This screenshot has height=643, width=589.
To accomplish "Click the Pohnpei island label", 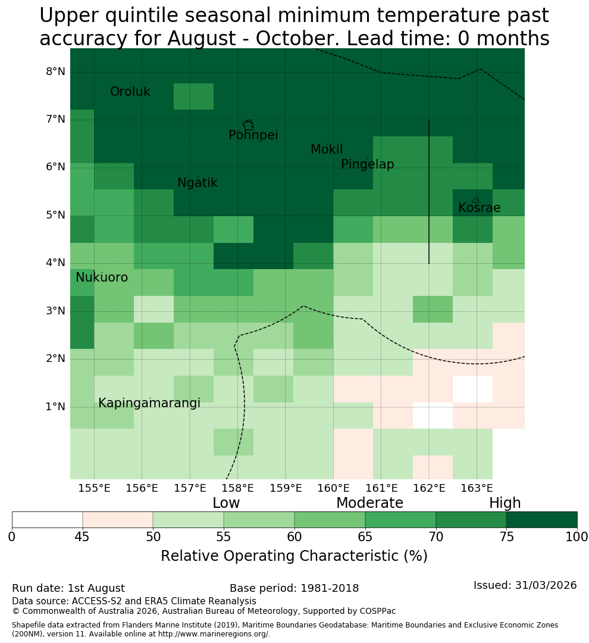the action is (253, 135).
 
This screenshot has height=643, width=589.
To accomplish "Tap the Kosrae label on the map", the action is (479, 208).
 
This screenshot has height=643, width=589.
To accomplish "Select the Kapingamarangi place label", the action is (149, 403).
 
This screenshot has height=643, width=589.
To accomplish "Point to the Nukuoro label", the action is (102, 277).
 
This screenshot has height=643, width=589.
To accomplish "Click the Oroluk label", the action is (130, 92).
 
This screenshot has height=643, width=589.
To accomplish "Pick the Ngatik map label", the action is (197, 183).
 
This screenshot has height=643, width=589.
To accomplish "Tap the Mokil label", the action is (327, 149).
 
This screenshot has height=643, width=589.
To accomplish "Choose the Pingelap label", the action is (367, 164).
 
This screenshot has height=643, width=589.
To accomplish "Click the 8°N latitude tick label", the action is (55, 72).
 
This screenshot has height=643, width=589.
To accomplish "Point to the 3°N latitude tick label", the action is (55, 311).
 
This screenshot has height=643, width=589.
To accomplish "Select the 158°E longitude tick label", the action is (237, 488).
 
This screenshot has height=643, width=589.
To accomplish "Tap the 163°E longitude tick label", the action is (477, 488).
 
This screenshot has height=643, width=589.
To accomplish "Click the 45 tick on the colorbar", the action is (82, 537).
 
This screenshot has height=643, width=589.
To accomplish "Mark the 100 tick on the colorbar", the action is (577, 537).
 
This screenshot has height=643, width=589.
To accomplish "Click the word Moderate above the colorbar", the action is (369, 502).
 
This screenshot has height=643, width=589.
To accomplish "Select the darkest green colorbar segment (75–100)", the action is (542, 520).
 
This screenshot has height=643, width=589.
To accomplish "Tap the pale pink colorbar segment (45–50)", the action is (118, 520).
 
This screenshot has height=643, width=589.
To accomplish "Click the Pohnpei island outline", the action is (248, 124).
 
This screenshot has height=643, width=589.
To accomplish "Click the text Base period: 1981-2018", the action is (294, 588).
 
